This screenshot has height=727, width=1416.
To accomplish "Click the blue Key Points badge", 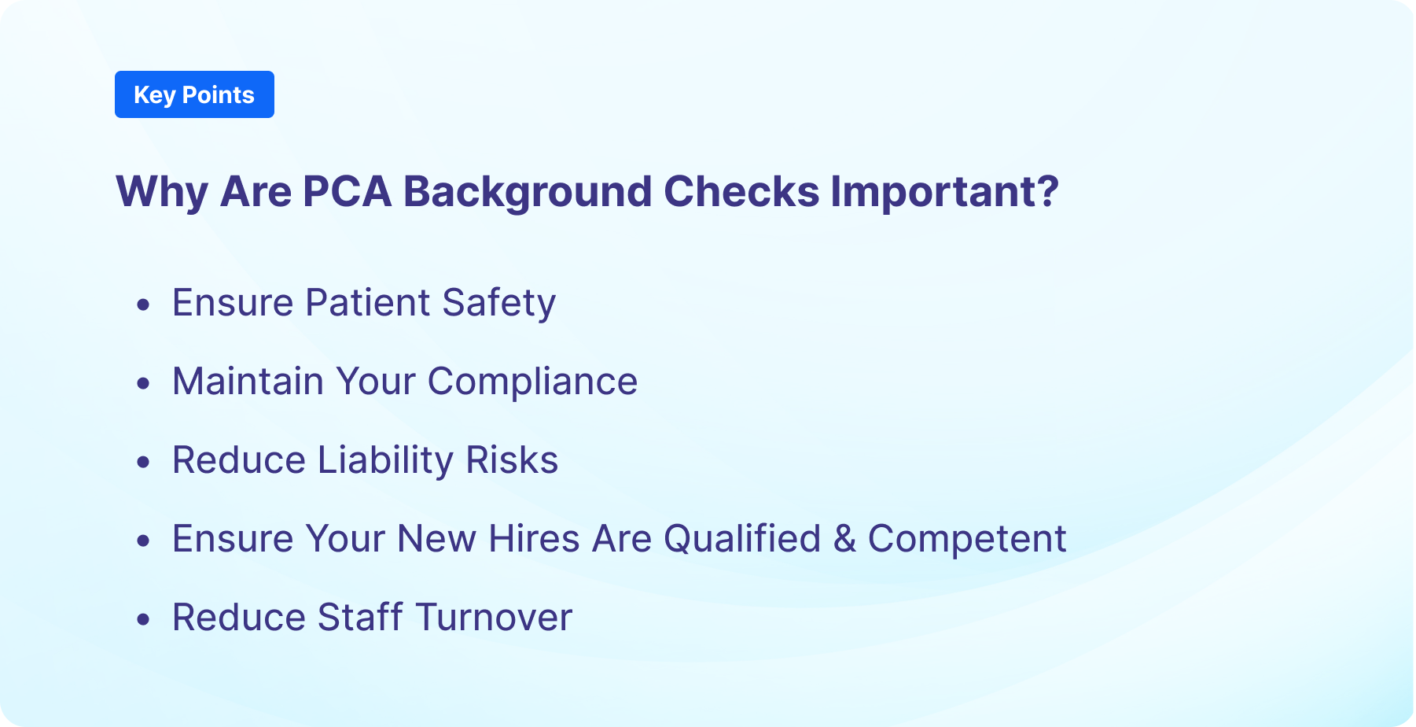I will pos(194,94).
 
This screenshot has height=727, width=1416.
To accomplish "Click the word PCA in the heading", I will pos(347,191).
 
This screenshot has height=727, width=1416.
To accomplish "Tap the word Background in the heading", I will pos(528,191).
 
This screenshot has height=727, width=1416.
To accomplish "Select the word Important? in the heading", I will pos(945,191).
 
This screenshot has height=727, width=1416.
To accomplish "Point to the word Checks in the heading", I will pos(741,191).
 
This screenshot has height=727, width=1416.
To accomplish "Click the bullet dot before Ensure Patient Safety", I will pos(143,304).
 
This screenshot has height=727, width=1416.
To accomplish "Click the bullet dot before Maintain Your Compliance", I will pos(143,383).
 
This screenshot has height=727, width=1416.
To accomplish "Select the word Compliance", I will pos(532,382).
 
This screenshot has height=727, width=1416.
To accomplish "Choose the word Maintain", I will pos(248,382).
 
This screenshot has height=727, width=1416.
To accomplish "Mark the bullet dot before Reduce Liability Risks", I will pos(143,462).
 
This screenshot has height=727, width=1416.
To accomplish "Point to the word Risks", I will pos(512,460).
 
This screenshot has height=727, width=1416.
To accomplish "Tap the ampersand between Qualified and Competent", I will pos(844,539).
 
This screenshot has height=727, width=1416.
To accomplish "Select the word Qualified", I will pos(742,539).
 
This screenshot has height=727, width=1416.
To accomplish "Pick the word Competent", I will pos(967,539).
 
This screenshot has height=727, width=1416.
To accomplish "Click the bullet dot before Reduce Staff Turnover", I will pos(143,619).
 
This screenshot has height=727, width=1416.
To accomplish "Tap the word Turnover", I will pos(494,618).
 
